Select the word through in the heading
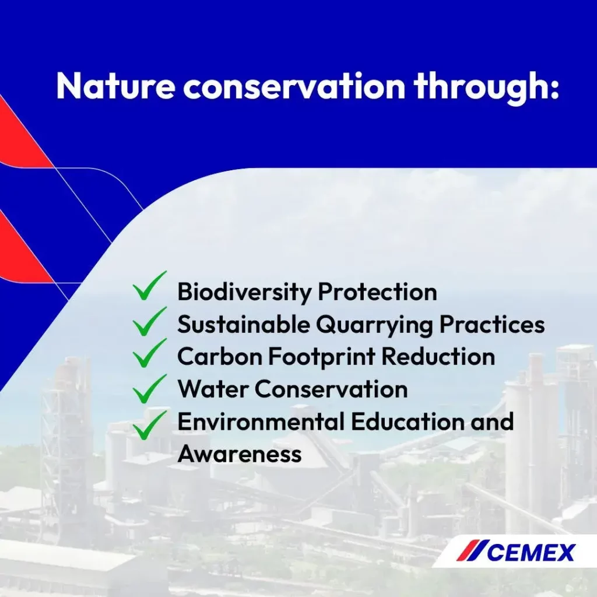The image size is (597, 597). [x=487, y=88]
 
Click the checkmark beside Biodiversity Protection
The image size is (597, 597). [x=150, y=286]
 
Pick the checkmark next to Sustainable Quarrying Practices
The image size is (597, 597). [x=150, y=321]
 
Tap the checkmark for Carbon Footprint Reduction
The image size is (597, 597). [x=150, y=353]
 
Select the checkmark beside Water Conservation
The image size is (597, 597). [x=150, y=389]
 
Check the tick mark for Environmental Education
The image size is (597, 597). [x=150, y=425]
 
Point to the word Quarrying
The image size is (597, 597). [x=375, y=325]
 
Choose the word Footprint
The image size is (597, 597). [x=322, y=357]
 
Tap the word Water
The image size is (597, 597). [x=213, y=389]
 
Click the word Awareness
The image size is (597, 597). [x=240, y=454]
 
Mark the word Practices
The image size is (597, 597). [x=492, y=324]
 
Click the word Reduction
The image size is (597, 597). [x=438, y=357]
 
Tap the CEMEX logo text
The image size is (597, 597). [x=531, y=553]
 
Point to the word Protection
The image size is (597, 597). [x=377, y=292]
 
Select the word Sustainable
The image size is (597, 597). [x=244, y=324]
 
